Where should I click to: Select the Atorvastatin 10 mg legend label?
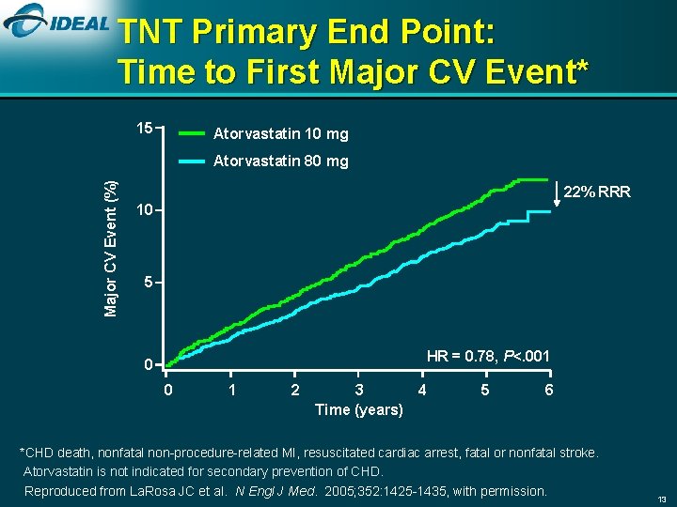click(x=280, y=134)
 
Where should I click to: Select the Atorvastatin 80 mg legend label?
click(x=280, y=161)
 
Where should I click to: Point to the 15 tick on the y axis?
click(x=145, y=128)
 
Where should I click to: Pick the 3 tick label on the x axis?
click(x=358, y=390)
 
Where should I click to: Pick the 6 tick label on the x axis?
click(x=549, y=390)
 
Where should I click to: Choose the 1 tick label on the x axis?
click(x=231, y=390)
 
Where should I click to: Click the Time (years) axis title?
click(x=358, y=409)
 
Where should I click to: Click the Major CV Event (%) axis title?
click(x=111, y=248)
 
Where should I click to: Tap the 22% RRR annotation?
click(x=597, y=192)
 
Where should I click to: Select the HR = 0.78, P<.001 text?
click(x=488, y=356)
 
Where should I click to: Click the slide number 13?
click(x=661, y=498)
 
